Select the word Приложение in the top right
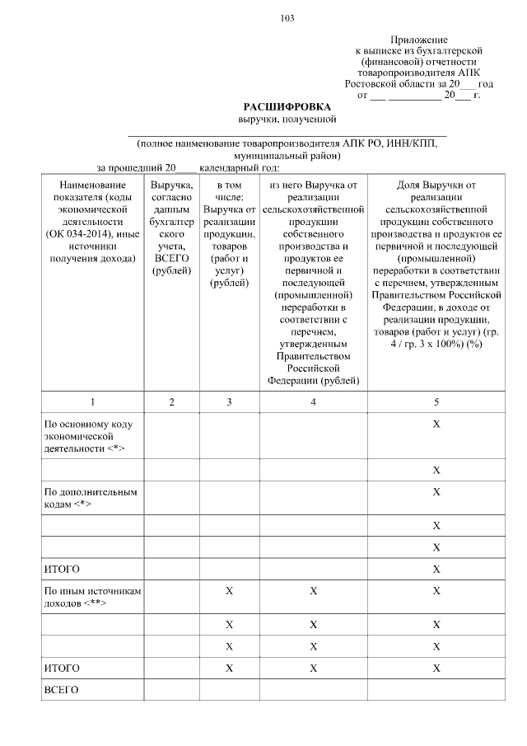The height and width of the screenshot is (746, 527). coord(418,40)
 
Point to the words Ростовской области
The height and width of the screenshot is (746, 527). coord(381,84)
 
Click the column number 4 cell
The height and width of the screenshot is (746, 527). coord(313,401)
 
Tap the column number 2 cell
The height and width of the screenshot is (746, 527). coord(171,401)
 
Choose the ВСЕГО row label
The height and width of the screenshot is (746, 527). coord(61,690)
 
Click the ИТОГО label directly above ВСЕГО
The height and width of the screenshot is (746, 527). coord(61,667)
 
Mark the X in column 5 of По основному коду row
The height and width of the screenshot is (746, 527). coord(436,424)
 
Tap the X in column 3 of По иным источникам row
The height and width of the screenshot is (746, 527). coord(229,591)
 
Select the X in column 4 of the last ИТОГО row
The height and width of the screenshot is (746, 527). coord(313,667)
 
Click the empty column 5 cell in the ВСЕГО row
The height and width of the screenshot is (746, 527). coord(436,690)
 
